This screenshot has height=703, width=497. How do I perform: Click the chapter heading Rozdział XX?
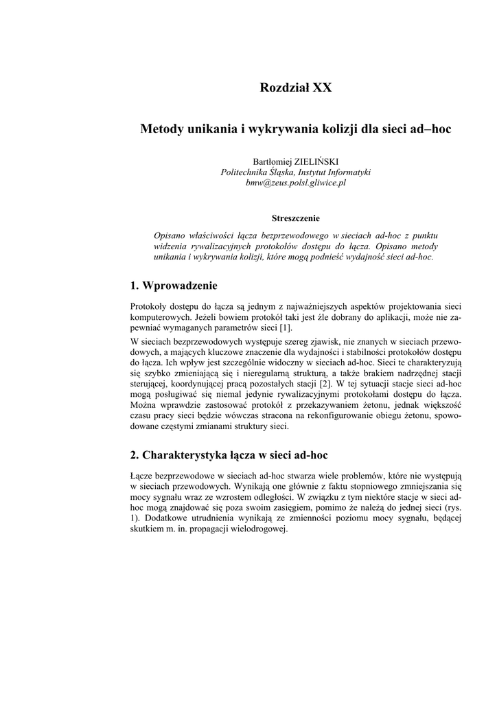click(296, 88)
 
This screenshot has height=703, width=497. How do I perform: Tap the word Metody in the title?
click(161, 129)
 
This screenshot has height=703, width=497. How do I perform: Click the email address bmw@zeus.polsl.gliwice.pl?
click(296, 183)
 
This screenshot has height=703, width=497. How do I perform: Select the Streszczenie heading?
click(296, 218)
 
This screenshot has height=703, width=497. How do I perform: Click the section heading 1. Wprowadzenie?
click(174, 286)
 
